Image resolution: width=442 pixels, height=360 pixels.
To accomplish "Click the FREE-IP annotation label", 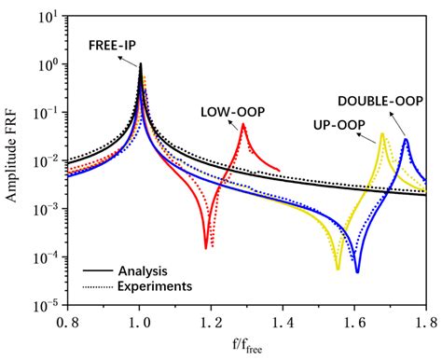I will (x=111, y=44).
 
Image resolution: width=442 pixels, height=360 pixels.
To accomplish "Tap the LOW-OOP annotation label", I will (x=230, y=112).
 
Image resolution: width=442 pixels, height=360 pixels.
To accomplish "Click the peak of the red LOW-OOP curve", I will (x=243, y=124).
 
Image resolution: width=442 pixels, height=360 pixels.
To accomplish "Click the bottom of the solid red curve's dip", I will (x=206, y=248).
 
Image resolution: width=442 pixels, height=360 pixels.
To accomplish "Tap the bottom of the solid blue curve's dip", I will (x=357, y=271).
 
